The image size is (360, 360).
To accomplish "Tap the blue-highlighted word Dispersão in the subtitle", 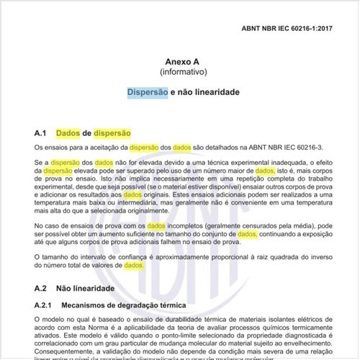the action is click(x=148, y=94).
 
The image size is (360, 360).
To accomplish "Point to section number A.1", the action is click(x=40, y=133).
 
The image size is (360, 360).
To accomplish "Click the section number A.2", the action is click(x=40, y=288).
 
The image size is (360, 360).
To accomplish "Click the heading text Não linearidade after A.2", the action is click(x=89, y=288).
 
